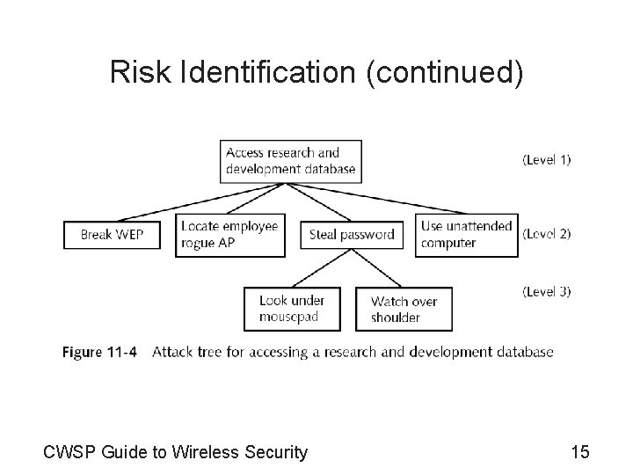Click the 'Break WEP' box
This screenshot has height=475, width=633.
pyautogui.click(x=112, y=235)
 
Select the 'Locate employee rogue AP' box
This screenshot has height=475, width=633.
pyautogui.click(x=230, y=235)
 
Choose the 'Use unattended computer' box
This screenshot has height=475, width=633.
pyautogui.click(x=466, y=235)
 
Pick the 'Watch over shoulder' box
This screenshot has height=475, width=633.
pyautogui.click(x=403, y=309)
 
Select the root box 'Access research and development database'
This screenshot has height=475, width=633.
pyautogui.click(x=291, y=160)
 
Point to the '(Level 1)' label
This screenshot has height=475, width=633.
pyautogui.click(x=546, y=160)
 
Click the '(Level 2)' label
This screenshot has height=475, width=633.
pyautogui.click(x=546, y=234)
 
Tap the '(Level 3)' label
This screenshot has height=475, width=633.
pyautogui.click(x=546, y=291)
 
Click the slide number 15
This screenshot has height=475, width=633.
pyautogui.click(x=579, y=452)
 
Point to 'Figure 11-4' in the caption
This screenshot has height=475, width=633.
pyautogui.click(x=99, y=352)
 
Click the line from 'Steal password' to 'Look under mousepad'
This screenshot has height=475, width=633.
pyautogui.click(x=320, y=268)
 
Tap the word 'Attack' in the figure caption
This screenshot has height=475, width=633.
pyautogui.click(x=171, y=352)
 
